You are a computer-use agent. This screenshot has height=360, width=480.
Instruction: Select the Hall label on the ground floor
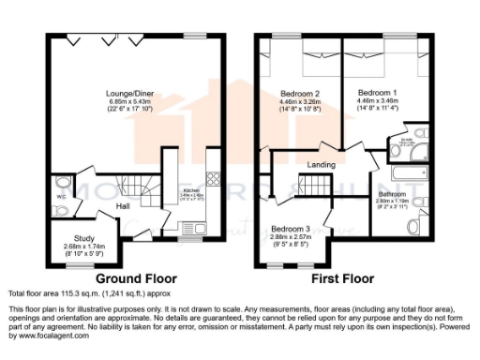pos(123,204)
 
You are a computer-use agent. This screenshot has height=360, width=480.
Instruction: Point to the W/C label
pos(60,197)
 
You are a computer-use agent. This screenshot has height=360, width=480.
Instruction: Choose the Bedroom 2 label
pos(301,94)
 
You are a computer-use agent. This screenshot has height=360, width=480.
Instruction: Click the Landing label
pos(322,165)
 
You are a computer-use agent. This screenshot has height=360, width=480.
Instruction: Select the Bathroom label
pos(392,193)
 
